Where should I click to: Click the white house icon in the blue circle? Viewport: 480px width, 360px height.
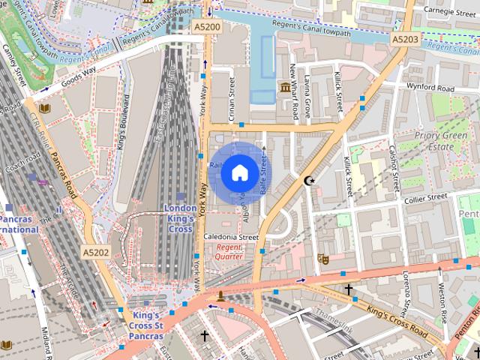[x=238, y=173]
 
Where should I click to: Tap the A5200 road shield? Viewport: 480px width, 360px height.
[x=207, y=27]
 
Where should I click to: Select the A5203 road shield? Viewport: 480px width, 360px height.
[x=405, y=37]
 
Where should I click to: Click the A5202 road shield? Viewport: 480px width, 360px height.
[x=96, y=253]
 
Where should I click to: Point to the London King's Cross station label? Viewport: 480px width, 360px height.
[x=180, y=218]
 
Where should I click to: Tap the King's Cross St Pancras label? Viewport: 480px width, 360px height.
[x=148, y=325]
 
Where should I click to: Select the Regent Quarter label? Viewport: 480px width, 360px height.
[x=229, y=251]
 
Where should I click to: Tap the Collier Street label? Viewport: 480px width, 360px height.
[x=425, y=198]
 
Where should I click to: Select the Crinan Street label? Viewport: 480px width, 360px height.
[x=233, y=106]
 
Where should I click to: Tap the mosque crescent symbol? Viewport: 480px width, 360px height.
[x=308, y=180]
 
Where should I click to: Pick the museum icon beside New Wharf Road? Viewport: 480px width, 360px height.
[x=285, y=90]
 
